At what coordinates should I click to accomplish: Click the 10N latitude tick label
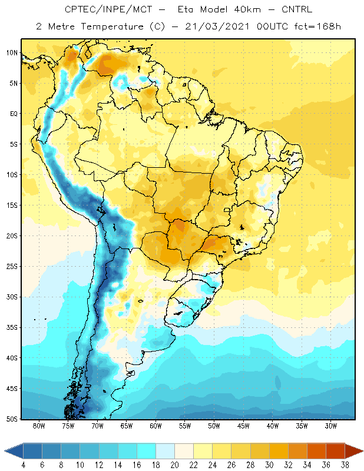pos(12,53)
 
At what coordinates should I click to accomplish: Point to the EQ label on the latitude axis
pos(14,114)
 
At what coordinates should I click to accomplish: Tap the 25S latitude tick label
pos(12,267)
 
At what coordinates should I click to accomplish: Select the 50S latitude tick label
pos(12,419)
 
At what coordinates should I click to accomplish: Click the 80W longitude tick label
pos(39,426)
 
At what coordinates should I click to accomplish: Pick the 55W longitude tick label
pos(185,426)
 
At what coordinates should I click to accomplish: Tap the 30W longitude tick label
pos(331,426)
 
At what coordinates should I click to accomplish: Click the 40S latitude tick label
pos(12,358)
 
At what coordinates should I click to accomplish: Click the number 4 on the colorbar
pos(23,465)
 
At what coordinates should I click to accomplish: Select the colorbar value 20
pos(174,465)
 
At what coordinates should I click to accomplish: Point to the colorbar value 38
pos(345,465)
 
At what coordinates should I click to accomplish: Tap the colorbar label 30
pos(269,465)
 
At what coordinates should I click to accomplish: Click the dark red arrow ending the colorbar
pos(353,451)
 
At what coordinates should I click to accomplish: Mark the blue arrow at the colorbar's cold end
pos(14,451)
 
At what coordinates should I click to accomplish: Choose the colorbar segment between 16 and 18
pos(147,451)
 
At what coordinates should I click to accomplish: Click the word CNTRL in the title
pos(297,9)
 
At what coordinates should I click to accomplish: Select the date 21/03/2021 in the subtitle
pos(217,26)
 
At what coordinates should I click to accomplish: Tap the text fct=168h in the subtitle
pos(317,26)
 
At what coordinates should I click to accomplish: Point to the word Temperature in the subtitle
pos(112,26)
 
